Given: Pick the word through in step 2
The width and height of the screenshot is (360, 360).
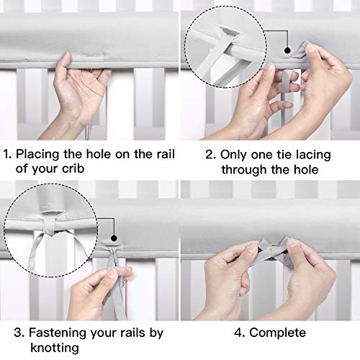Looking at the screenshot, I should tap(244, 169).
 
